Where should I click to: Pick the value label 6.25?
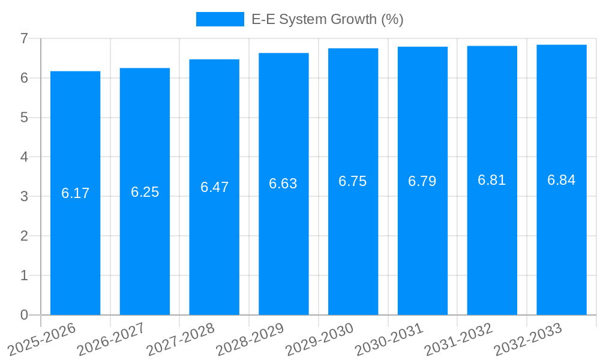[x=145, y=192]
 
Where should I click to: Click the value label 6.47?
[x=214, y=187]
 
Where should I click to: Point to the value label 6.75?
[x=353, y=182]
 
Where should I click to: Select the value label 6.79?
[x=422, y=181]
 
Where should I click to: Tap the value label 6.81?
[x=492, y=181]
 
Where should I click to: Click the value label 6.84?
[x=562, y=180]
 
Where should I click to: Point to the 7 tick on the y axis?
[x=24, y=39]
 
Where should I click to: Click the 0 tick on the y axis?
[x=24, y=315]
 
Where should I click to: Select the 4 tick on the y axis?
[x=24, y=157]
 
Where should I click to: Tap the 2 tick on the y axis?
[x=24, y=236]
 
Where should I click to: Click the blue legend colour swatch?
[x=220, y=19]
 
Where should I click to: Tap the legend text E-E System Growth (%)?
[x=327, y=19]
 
